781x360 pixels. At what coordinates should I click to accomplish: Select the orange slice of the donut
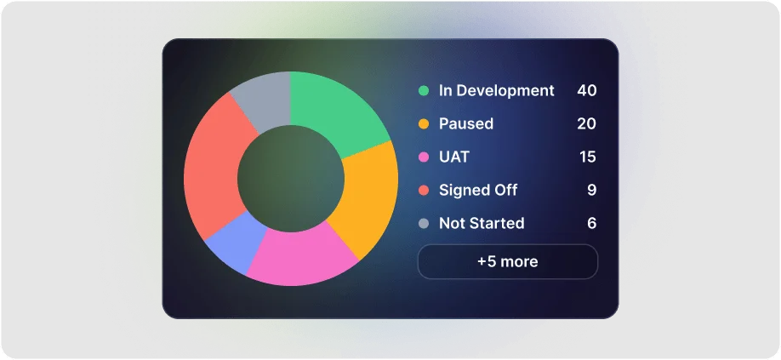point(367,200)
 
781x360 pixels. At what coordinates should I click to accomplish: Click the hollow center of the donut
point(290,179)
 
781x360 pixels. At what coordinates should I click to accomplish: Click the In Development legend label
point(496,90)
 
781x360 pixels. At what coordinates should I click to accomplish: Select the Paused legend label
point(465,123)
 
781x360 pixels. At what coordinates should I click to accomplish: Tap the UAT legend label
point(453,157)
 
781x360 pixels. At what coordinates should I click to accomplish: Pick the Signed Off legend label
point(477,190)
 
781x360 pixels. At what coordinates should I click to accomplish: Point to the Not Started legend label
point(481,223)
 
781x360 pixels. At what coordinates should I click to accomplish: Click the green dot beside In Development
point(423,90)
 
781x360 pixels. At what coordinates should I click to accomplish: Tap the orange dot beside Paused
point(423,123)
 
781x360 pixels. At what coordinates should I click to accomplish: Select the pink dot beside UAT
point(423,157)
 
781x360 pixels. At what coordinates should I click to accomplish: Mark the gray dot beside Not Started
point(423,224)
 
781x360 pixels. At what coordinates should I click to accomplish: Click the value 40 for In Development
point(586,90)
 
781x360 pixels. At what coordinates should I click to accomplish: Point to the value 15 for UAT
point(586,157)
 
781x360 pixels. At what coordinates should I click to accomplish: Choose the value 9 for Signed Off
point(591,190)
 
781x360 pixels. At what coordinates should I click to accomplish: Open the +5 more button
point(507,261)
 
